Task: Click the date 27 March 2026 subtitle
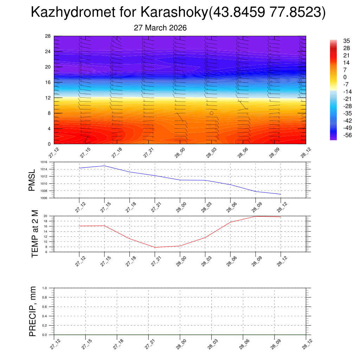(160, 28)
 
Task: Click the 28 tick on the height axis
(48, 36)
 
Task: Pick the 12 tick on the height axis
(48, 98)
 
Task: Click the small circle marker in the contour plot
(211, 113)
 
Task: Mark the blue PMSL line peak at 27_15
(104, 166)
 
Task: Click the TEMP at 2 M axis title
(35, 234)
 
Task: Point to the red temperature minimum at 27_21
(155, 247)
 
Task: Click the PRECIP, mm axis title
(33, 311)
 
